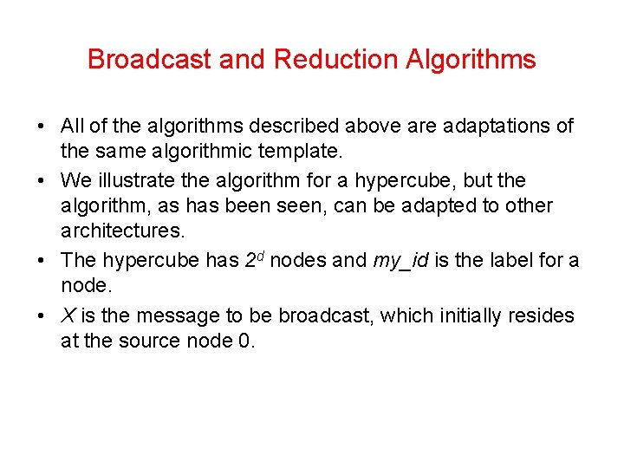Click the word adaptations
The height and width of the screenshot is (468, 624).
coord(494,127)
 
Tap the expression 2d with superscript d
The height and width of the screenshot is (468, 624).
coord(252,259)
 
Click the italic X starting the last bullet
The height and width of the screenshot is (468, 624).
coord(67,315)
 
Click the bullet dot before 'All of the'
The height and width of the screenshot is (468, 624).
coord(42,127)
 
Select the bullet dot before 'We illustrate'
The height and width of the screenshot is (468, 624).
coord(42,180)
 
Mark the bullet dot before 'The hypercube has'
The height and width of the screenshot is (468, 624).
coord(42,261)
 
